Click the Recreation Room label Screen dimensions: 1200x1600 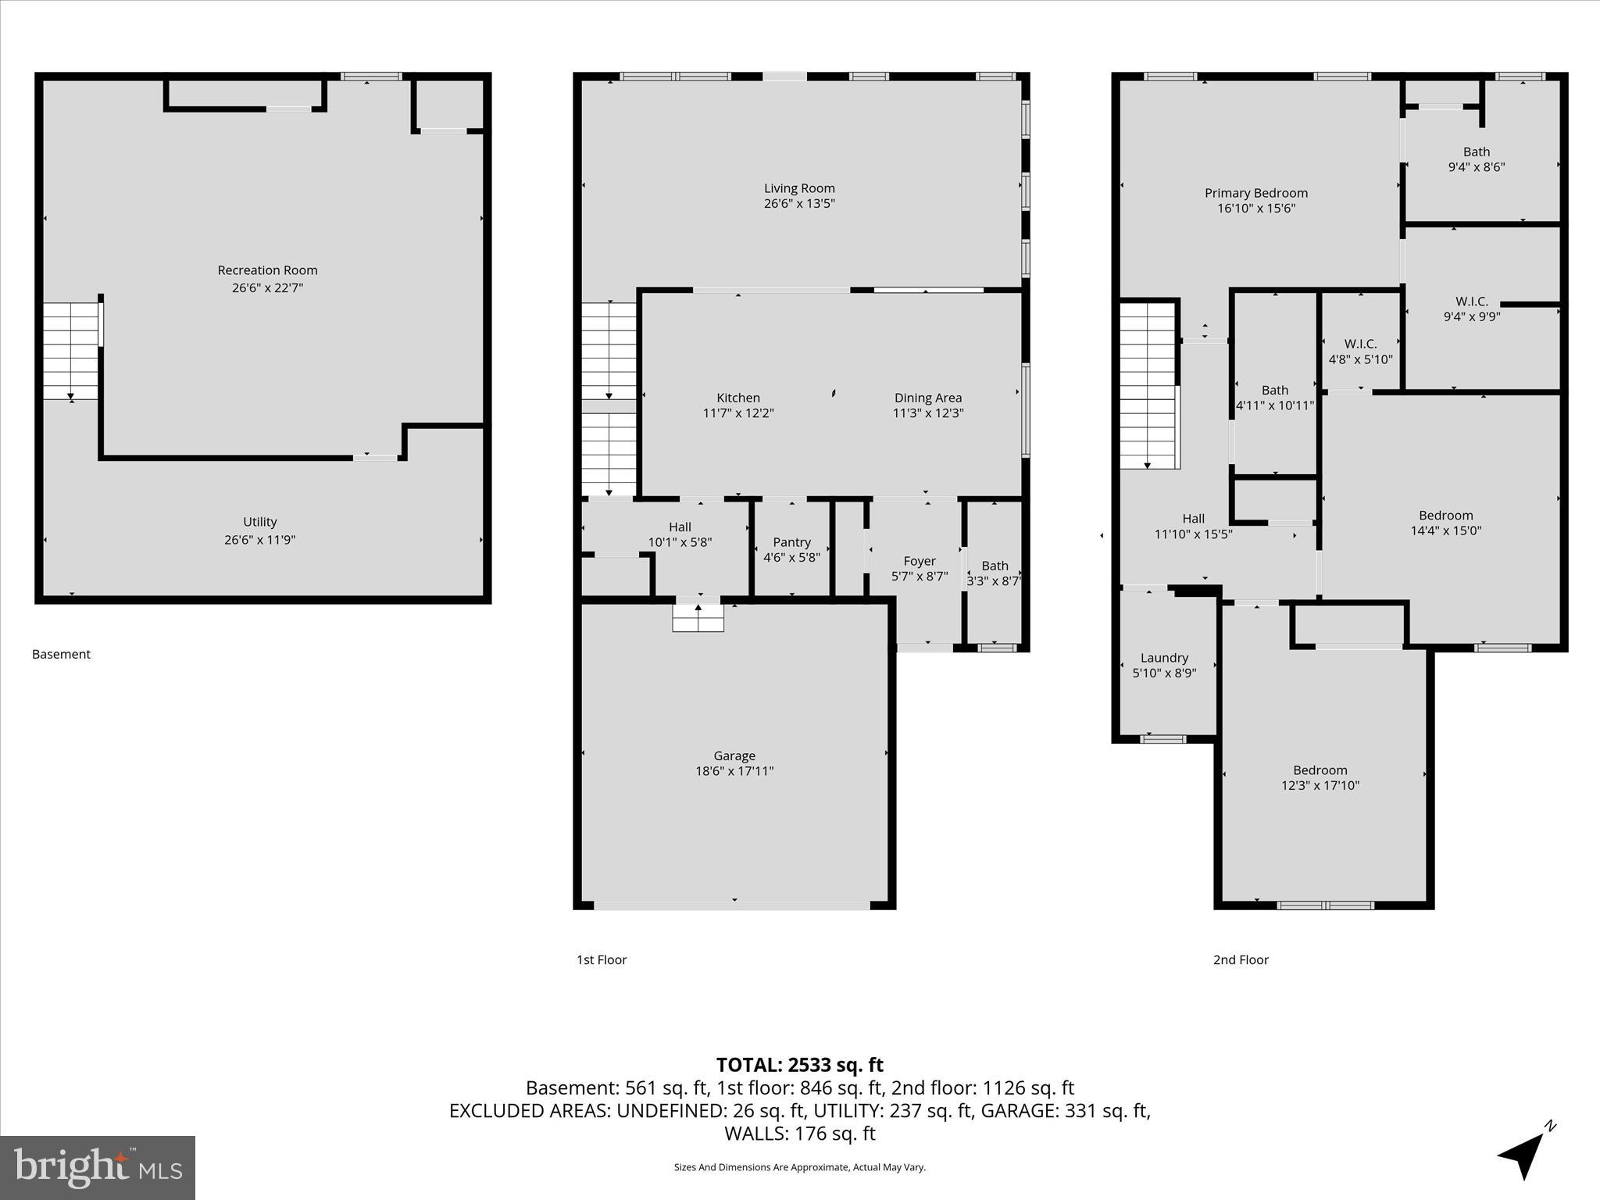coord(267,270)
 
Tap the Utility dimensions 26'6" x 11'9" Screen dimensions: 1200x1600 coord(259,540)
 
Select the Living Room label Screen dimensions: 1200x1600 coord(799,188)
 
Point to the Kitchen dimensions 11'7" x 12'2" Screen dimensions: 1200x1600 coord(738,413)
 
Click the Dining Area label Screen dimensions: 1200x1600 coord(928,398)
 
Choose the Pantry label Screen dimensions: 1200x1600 coord(791,542)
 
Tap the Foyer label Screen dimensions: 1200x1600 coord(920,561)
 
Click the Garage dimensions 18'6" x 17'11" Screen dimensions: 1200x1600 coord(734,771)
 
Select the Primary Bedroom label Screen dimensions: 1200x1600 coord(1255,193)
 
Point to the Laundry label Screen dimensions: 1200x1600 coord(1164,658)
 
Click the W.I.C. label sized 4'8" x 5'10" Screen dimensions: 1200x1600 coord(1360,344)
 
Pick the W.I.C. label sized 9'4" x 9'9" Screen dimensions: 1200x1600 coord(1471,302)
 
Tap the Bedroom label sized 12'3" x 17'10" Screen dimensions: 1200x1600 coord(1320,770)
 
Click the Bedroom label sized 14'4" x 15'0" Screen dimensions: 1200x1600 coord(1445,516)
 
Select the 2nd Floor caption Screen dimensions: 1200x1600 coord(1241,959)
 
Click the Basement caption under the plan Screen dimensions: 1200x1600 coord(61,654)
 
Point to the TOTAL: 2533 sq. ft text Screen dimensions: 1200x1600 coord(799,1065)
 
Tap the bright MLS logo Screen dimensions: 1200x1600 coord(98,1167)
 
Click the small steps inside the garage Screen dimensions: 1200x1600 coord(698,618)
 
